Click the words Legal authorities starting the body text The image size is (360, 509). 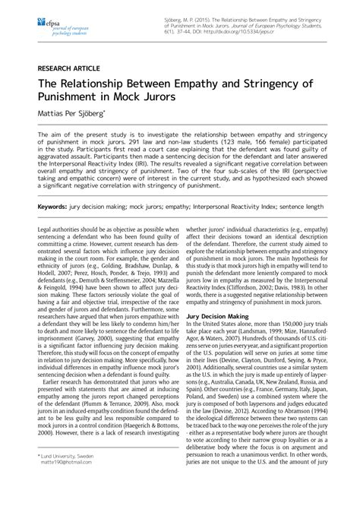[x=59, y=229]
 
